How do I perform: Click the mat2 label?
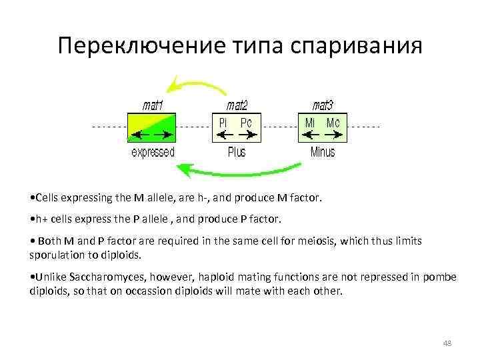pos(237,105)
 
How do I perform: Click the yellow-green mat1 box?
pos(151,127)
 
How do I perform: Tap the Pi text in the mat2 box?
pos(223,123)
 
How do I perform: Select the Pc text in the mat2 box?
pos(246,123)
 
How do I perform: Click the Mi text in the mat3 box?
pos(310,123)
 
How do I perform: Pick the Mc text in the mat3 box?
pos(333,123)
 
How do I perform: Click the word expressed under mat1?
pos(153,152)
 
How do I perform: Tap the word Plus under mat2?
pos(237,152)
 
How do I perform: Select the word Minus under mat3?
pos(323,152)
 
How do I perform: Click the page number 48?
pos(447,343)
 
